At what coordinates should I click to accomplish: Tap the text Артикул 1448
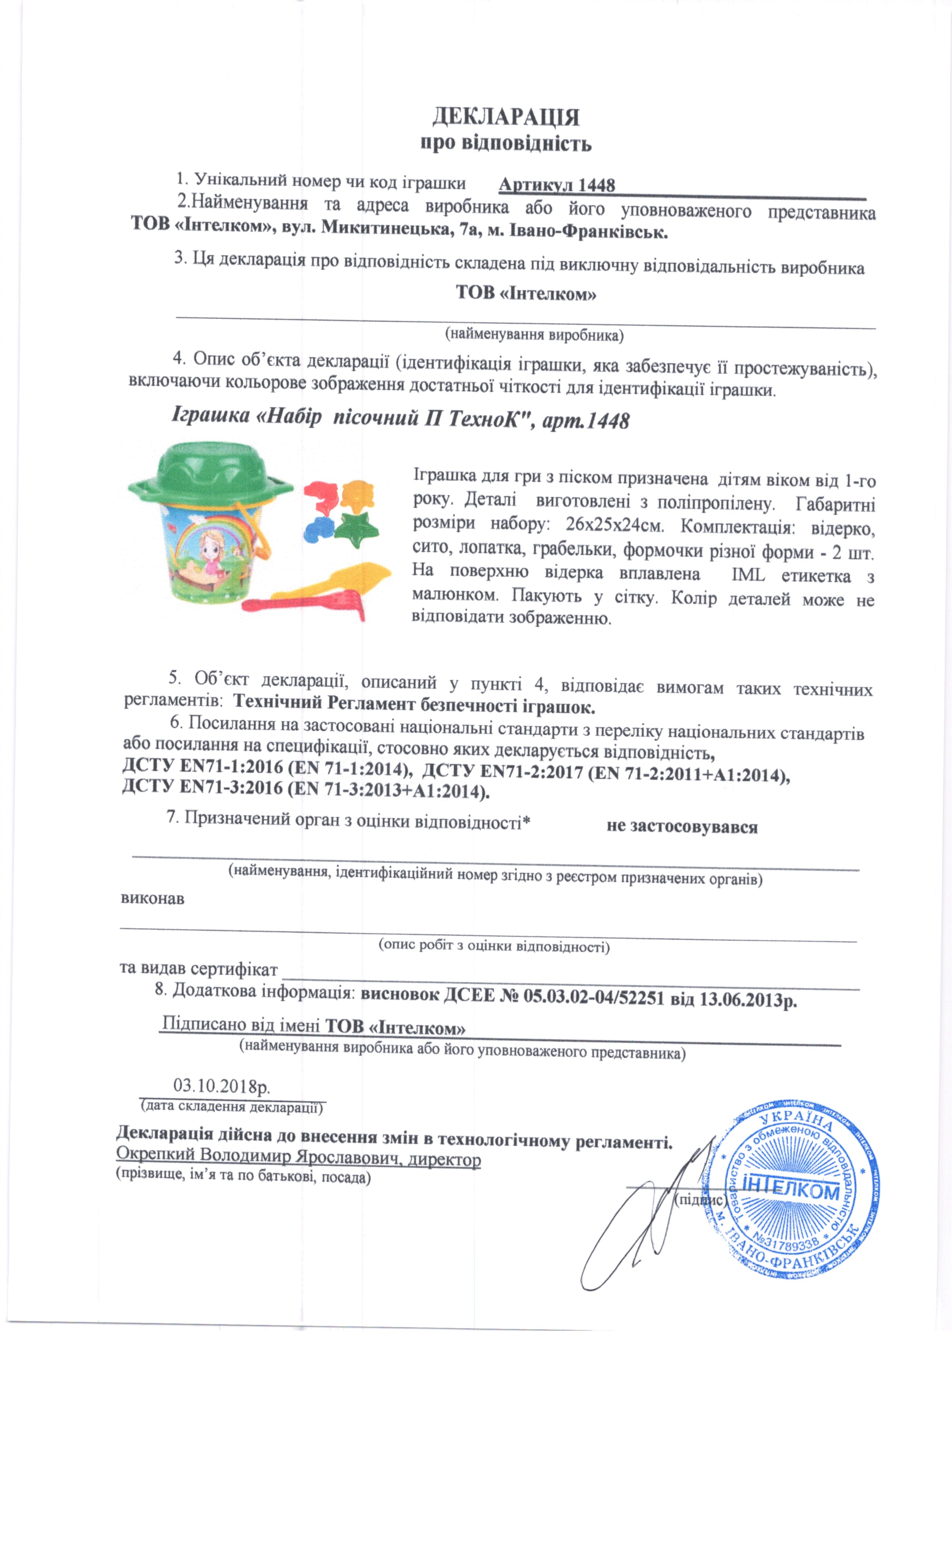[x=556, y=185]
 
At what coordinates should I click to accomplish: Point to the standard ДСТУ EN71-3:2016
[x=202, y=788]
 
